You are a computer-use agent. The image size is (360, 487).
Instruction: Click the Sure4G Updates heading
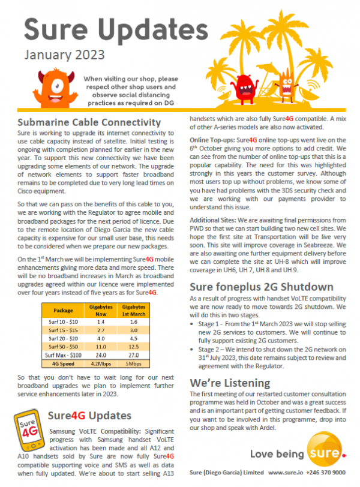tap(91, 415)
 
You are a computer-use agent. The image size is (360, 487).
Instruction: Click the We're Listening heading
tap(230, 381)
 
